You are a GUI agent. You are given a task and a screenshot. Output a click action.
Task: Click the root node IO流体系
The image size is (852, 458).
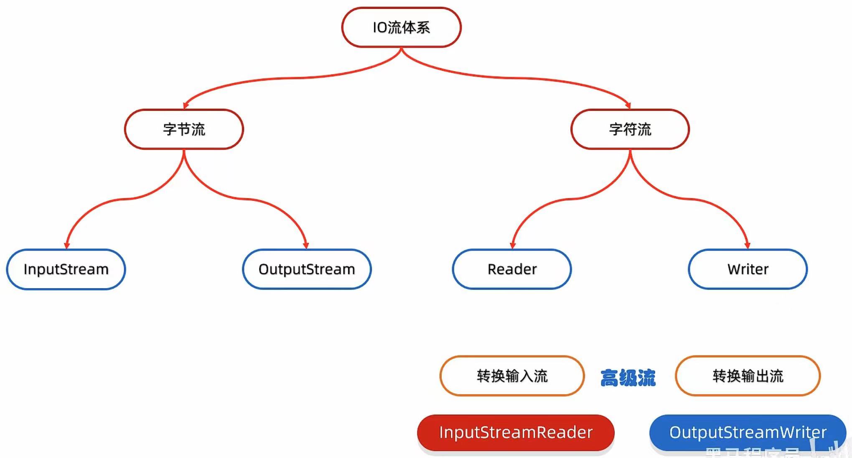(401, 27)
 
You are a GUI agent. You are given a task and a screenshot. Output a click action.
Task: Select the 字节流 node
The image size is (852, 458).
(184, 129)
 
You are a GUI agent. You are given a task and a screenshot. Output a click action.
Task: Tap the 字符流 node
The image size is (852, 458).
(630, 129)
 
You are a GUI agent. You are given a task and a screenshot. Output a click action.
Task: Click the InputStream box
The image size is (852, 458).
(66, 269)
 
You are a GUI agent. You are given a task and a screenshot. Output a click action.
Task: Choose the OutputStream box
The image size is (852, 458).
(307, 269)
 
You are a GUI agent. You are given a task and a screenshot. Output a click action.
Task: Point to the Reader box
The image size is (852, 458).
(512, 269)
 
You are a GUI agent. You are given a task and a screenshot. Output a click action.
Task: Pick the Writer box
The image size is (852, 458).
(748, 269)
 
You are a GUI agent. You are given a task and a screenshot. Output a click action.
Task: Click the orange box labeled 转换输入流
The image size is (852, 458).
(512, 376)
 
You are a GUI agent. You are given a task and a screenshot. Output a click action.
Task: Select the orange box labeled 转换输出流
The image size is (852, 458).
(748, 376)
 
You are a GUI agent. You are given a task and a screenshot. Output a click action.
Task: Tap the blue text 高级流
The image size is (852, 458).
(628, 378)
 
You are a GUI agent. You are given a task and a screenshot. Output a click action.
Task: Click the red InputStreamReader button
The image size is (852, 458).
(516, 432)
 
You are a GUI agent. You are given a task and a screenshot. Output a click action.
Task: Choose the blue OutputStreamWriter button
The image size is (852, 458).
(748, 432)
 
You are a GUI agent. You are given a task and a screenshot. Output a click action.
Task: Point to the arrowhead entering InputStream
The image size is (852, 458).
(67, 246)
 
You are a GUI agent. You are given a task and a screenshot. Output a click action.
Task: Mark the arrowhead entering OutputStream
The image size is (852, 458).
(306, 246)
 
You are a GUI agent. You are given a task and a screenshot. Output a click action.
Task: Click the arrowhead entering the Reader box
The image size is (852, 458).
(513, 246)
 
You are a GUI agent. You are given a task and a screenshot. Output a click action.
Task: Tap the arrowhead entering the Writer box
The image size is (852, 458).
(747, 246)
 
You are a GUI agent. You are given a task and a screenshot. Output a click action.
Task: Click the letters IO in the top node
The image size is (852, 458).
(380, 28)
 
